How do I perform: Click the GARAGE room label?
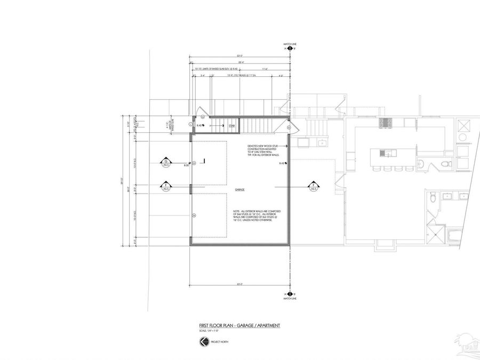[x=239, y=190]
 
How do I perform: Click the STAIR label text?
[x=232, y=126]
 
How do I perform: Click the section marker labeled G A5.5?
[x=166, y=162]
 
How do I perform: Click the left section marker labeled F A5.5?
[x=166, y=187]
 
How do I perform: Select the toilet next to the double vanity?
[x=433, y=198]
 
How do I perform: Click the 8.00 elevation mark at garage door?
[x=186, y=166]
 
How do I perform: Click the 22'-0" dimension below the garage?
[x=240, y=284]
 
